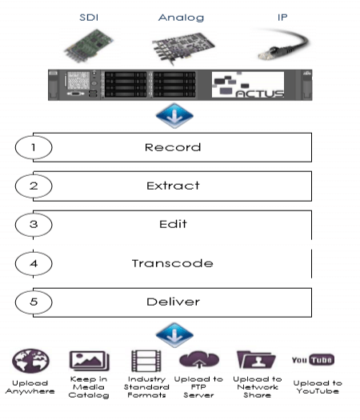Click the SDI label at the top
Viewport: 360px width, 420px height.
coord(89,18)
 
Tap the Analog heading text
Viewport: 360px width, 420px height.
coord(181,18)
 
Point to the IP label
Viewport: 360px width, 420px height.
coord(282,18)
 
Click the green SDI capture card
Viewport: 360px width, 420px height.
coord(89,46)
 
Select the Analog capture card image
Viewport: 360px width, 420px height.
coord(183,48)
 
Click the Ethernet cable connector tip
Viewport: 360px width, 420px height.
coord(264,55)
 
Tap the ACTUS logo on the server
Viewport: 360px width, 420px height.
coord(248,85)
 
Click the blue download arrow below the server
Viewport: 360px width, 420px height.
coord(174,116)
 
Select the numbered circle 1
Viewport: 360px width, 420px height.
coord(34,147)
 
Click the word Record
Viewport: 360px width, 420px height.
coord(173,147)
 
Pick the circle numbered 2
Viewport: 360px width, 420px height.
coord(34,186)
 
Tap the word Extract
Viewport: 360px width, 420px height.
coord(173,186)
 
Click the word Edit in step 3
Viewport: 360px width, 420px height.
coord(173,224)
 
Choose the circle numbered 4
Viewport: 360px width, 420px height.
coord(34,263)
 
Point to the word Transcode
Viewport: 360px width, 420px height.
coord(173,263)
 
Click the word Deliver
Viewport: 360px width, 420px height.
coord(173,302)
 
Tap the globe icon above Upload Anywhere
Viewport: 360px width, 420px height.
coord(30,361)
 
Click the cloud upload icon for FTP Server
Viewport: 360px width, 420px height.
coord(198,360)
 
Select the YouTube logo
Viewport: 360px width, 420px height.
coord(313,360)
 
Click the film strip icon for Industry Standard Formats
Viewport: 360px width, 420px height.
coord(146,361)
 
